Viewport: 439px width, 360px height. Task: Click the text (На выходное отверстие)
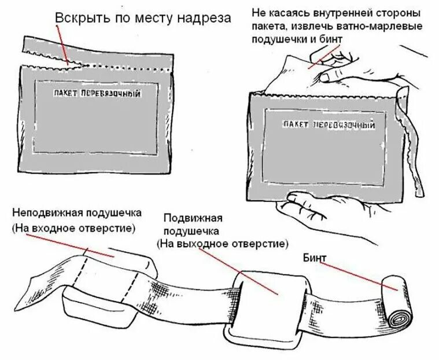223,244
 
